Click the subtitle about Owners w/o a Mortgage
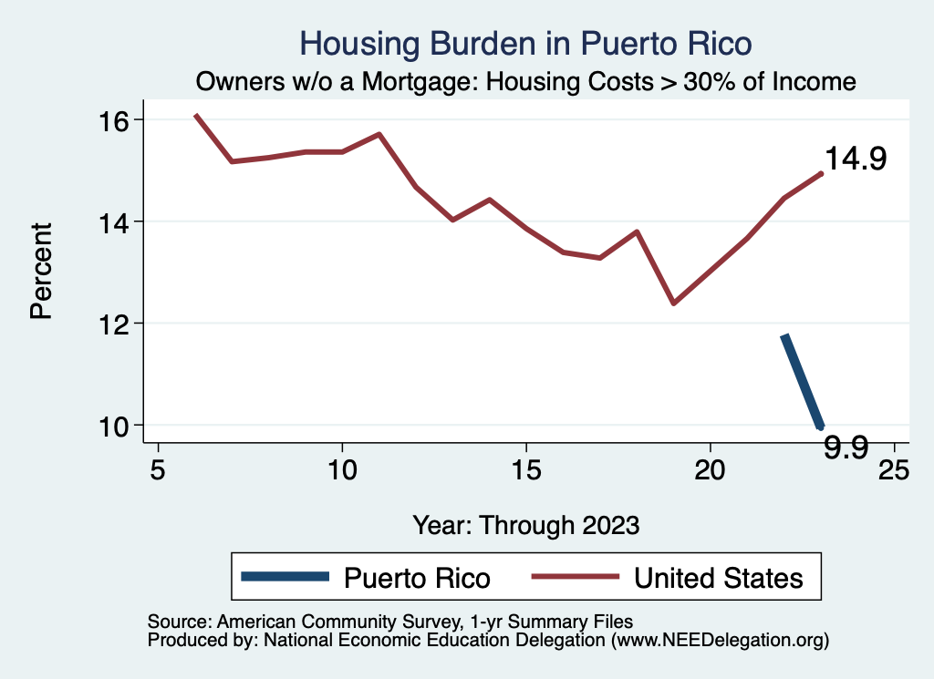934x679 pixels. [x=526, y=82]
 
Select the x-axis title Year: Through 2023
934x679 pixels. [x=526, y=525]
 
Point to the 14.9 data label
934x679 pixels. [x=856, y=159]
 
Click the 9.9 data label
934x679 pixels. [x=845, y=448]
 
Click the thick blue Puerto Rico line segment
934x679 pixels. [x=803, y=381]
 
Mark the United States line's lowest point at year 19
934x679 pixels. [x=673, y=303]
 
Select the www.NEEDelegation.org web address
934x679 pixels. [x=720, y=641]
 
